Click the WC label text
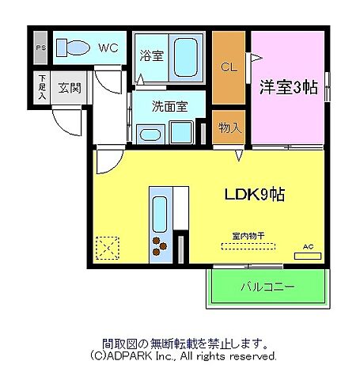[x=108, y=47]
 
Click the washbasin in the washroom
[x=149, y=133]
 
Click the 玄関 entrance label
[x=69, y=88]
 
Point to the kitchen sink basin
[x=159, y=213]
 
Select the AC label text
[x=309, y=247]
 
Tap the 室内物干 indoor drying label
[x=250, y=235]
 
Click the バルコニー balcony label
[x=267, y=287]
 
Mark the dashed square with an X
[x=106, y=248]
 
